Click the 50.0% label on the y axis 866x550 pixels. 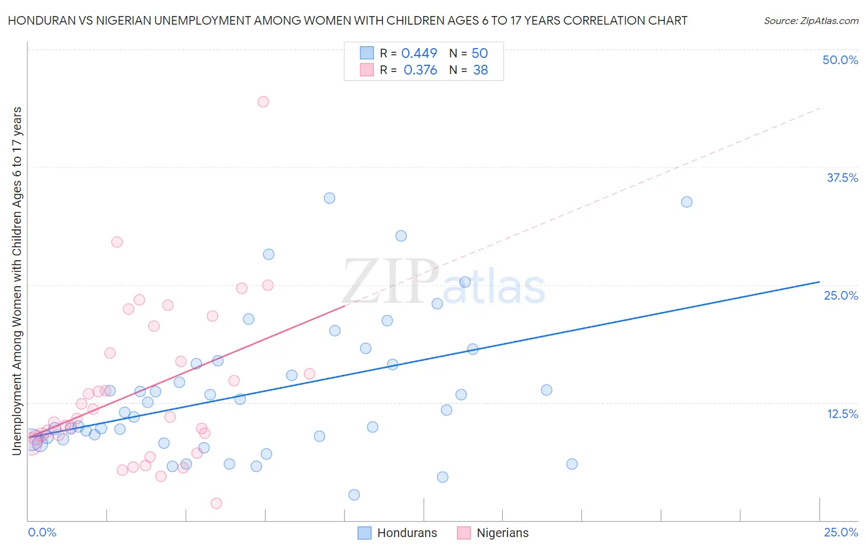point(840,60)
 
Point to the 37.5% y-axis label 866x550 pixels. point(842,178)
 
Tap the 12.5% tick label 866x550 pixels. point(842,414)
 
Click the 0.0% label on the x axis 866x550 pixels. point(42,532)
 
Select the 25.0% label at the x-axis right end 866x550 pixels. point(841,532)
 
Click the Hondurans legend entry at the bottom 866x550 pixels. point(407,533)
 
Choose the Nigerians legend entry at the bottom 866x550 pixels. point(502,533)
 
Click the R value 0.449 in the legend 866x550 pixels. point(419,53)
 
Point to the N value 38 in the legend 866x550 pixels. point(480,70)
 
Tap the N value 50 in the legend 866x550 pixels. point(480,53)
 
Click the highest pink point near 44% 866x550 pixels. point(263,102)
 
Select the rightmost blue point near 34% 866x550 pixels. point(687,202)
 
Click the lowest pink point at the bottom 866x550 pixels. point(216,503)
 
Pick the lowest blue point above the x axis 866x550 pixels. point(354,495)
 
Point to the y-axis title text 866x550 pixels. point(17,281)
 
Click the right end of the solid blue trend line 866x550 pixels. point(819,282)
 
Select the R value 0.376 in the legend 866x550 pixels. point(420,70)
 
